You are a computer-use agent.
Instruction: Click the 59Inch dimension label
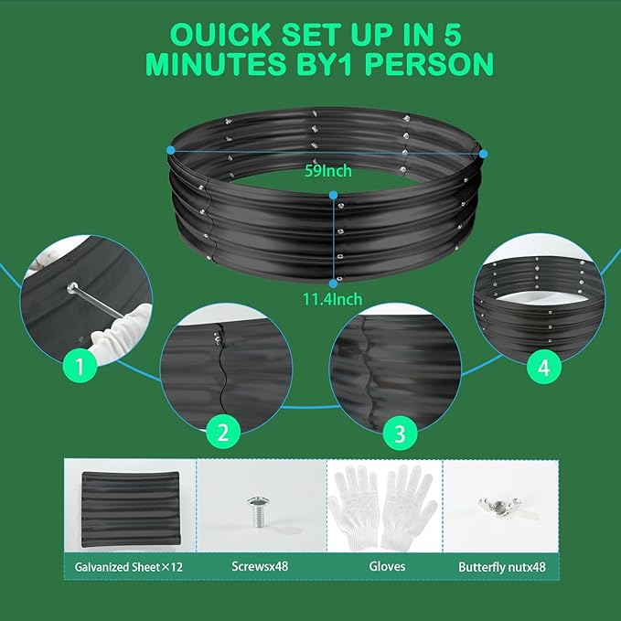328,170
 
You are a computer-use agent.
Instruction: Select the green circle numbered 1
80,368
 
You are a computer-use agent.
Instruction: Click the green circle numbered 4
543,368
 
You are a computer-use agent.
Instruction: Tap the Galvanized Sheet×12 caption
129,566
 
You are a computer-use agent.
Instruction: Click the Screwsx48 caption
261,566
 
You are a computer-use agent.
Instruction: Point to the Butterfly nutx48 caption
501,566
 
